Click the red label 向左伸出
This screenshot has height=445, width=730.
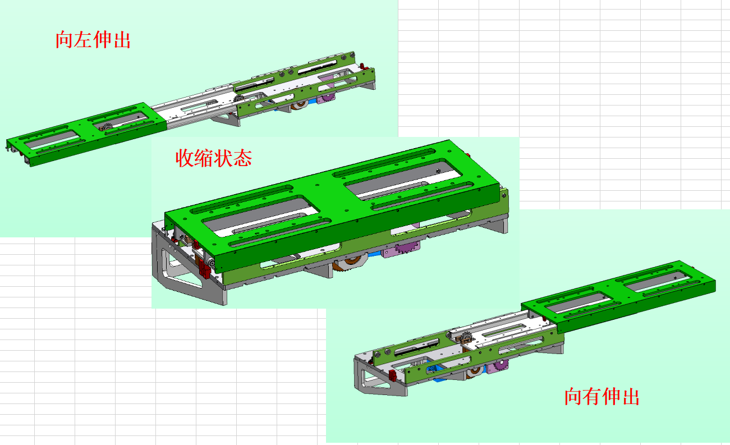click(x=93, y=40)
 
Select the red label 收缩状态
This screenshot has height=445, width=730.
click(x=214, y=158)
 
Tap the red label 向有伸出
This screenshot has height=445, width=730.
click(x=602, y=396)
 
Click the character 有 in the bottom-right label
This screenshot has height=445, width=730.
click(x=592, y=396)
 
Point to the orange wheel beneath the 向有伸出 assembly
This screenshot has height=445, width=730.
click(x=475, y=371)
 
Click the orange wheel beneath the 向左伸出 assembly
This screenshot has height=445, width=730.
click(x=300, y=104)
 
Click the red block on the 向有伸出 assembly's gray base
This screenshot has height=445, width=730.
click(x=392, y=375)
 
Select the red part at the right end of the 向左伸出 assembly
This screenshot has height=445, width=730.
click(x=364, y=67)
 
